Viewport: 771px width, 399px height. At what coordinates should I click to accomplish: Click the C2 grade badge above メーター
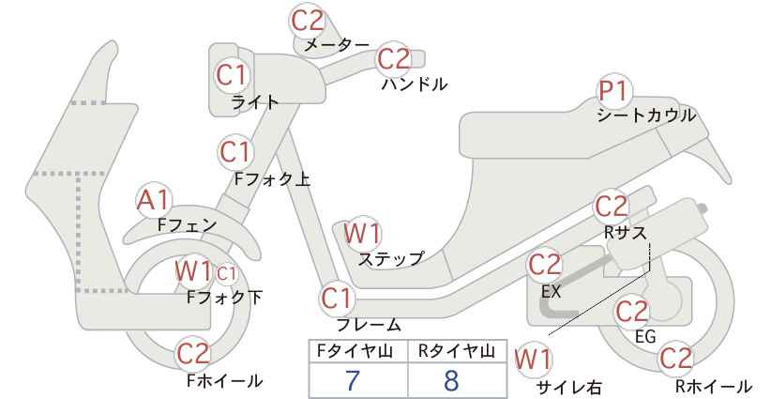[x=308, y=21]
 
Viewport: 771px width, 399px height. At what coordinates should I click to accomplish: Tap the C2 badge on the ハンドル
[x=394, y=59]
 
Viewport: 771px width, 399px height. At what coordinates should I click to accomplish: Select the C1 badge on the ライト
[x=231, y=75]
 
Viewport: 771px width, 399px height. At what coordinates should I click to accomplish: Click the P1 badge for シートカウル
[x=614, y=91]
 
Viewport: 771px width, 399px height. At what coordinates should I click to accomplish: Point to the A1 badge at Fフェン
[x=154, y=201]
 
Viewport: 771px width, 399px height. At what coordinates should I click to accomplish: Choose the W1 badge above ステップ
[x=362, y=233]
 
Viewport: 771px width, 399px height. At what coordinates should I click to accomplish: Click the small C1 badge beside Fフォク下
[x=227, y=274]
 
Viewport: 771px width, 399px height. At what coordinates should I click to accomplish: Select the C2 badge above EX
[x=544, y=265]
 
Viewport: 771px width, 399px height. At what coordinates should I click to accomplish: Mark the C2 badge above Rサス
[x=612, y=207]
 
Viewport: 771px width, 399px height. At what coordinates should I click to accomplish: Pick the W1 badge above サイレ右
[x=533, y=361]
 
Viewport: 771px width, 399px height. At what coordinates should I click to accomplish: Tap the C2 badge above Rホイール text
[x=675, y=359]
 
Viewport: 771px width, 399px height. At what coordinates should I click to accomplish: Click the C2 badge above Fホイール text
[x=194, y=353]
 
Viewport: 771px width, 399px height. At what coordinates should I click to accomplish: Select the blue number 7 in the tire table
[x=353, y=380]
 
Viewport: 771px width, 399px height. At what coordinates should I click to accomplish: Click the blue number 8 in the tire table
[x=451, y=380]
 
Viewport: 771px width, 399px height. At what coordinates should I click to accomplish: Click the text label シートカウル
[x=646, y=115]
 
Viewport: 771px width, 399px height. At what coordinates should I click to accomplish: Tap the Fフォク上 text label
[x=272, y=179]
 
